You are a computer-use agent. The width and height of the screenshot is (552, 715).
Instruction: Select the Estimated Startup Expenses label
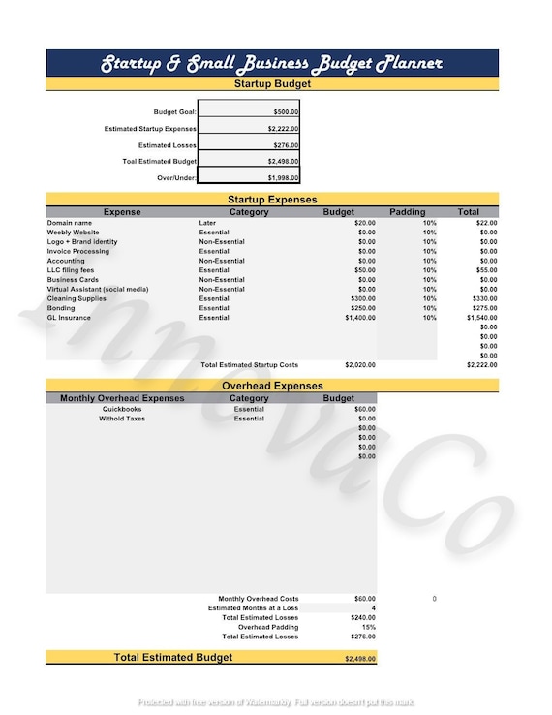150,129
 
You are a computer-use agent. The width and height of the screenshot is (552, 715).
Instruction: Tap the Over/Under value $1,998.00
283,178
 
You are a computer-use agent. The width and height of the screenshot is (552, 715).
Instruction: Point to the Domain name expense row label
70,223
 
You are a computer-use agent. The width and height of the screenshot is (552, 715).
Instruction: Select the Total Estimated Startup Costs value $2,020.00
360,365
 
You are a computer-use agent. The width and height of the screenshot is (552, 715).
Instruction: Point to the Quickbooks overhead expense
122,409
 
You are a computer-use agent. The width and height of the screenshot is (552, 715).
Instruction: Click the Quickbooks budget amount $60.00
365,409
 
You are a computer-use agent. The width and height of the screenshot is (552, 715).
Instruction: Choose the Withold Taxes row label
122,419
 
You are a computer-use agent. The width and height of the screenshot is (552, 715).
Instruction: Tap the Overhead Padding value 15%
368,627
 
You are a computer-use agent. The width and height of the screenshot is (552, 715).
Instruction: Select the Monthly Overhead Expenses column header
122,398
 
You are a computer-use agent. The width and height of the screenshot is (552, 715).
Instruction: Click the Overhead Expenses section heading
272,386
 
